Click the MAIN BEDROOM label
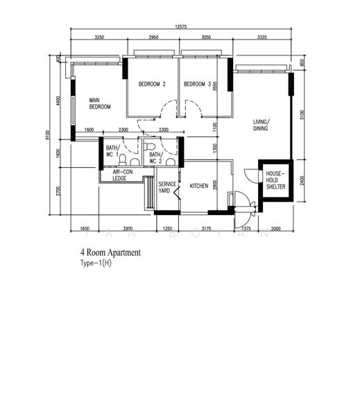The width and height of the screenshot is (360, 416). click(100, 104)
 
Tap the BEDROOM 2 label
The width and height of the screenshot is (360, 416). click(152, 85)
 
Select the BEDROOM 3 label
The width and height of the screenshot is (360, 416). click(197, 85)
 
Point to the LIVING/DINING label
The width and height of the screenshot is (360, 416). click(262, 125)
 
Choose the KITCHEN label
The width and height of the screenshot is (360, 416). click(200, 186)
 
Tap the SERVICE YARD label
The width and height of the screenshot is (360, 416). click(167, 187)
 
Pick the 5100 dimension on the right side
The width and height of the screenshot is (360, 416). click(300, 114)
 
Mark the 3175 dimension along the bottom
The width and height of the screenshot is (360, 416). click(205, 227)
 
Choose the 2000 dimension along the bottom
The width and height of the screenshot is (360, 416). click(275, 227)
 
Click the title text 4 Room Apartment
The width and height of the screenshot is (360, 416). click(110, 253)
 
